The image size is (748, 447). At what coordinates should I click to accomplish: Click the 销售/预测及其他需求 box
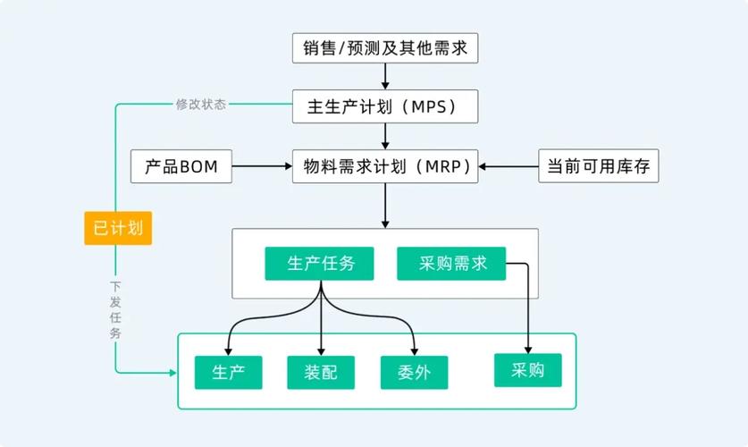coord(385,47)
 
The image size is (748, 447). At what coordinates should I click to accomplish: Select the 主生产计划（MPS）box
coord(385,106)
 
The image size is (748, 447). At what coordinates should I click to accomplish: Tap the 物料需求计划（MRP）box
coord(385,166)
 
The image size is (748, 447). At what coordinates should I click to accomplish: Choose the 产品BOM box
coord(181,166)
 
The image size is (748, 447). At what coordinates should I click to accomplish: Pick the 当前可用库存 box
coord(598,166)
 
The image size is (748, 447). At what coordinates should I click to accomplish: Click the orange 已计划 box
coord(118,227)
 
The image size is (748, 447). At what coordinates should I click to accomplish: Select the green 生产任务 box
coord(319,264)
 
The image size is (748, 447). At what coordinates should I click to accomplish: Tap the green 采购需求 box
coord(451,264)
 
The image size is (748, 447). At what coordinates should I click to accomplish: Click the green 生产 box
coord(229,372)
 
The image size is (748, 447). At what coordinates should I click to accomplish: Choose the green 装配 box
coord(321,372)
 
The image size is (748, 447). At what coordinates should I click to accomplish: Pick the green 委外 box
coord(414,372)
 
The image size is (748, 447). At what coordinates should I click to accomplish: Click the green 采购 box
coord(528,370)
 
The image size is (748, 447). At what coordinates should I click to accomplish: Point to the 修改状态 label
coord(201,104)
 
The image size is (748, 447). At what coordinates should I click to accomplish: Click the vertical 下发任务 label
coord(115,309)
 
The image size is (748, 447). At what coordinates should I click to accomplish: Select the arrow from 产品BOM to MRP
coord(261,166)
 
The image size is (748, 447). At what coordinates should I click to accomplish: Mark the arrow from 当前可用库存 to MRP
coord(509,166)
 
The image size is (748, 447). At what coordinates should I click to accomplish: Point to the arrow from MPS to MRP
coord(385,136)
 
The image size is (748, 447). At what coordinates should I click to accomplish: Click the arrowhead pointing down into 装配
coord(321,350)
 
